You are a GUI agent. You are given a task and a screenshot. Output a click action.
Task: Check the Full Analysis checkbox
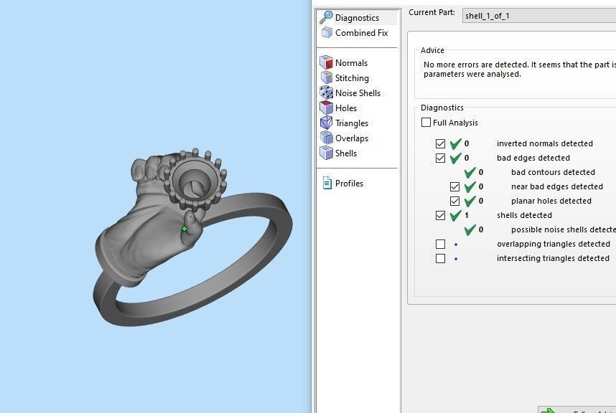pyautogui.click(x=426, y=123)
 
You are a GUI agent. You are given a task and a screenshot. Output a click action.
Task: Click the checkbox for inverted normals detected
pyautogui.click(x=441, y=143)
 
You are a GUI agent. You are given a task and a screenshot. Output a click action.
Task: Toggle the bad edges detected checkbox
pyautogui.click(x=441, y=158)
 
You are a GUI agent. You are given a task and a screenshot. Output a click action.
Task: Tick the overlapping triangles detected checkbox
pyautogui.click(x=441, y=244)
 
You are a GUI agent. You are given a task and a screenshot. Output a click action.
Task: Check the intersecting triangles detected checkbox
pyautogui.click(x=441, y=258)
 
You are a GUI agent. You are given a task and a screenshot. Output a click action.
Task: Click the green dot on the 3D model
pyautogui.click(x=185, y=229)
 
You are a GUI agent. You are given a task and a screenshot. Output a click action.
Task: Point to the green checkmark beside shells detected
pyautogui.click(x=455, y=215)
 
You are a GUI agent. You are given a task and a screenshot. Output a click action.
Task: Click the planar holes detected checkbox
pyautogui.click(x=455, y=201)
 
